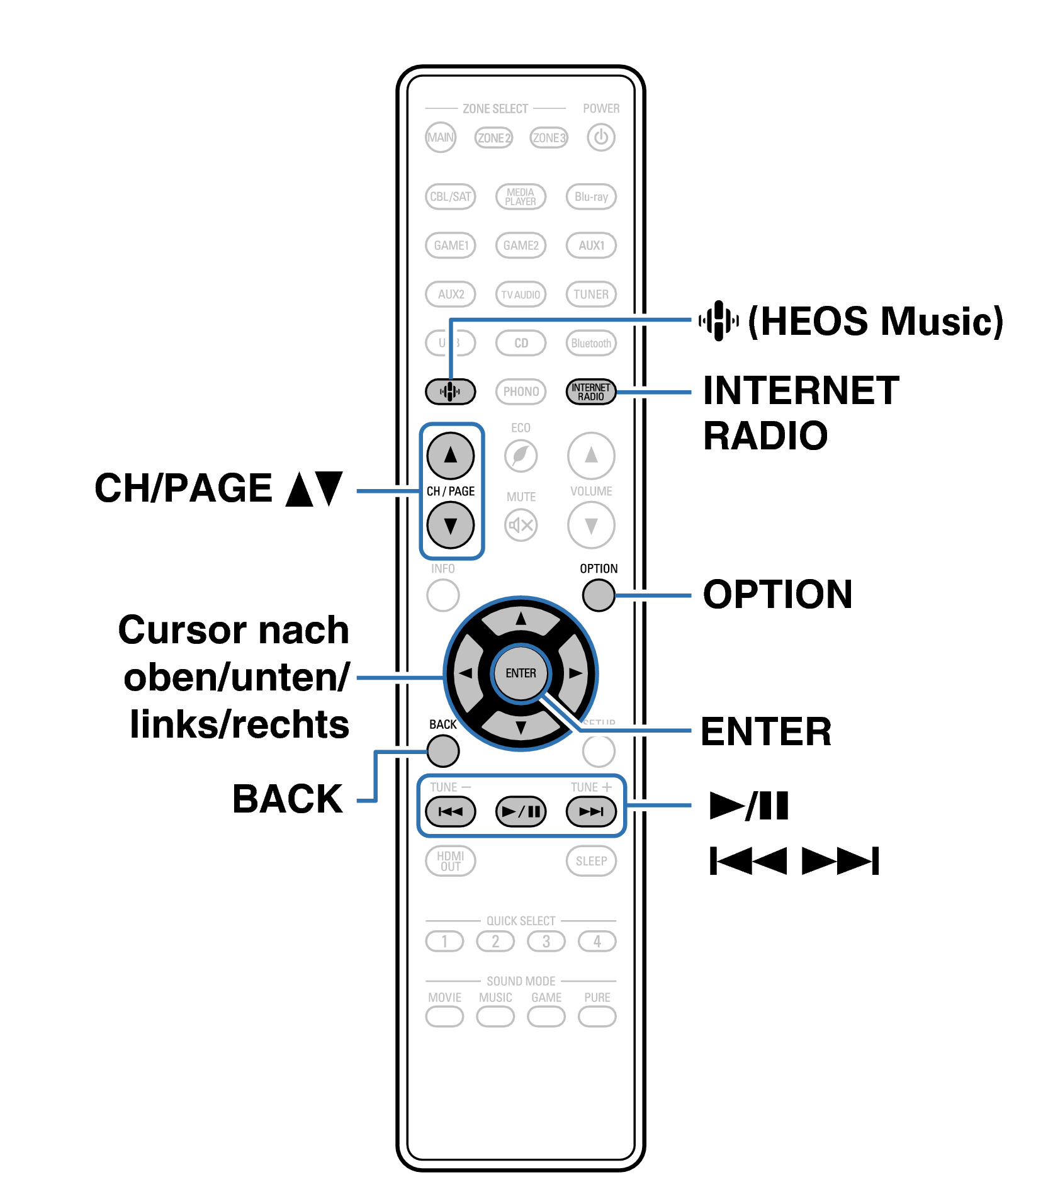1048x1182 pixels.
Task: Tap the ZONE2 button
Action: pyautogui.click(x=493, y=137)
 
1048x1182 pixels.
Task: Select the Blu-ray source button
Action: pyautogui.click(x=591, y=196)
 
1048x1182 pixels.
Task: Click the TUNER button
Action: pyautogui.click(x=591, y=294)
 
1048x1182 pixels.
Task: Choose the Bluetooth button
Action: pyautogui.click(x=591, y=343)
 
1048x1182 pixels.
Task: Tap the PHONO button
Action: pyautogui.click(x=521, y=391)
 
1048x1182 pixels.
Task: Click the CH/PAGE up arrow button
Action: pyautogui.click(x=451, y=455)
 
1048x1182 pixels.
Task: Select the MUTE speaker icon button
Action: pyautogui.click(x=521, y=525)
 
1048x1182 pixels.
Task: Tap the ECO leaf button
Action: pyautogui.click(x=521, y=455)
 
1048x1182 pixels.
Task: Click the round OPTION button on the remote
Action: pyautogui.click(x=598, y=595)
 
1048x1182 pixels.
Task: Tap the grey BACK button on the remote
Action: pyautogui.click(x=443, y=751)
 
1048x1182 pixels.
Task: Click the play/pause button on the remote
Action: pyautogui.click(x=521, y=811)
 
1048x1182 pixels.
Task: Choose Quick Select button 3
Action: pyautogui.click(x=546, y=942)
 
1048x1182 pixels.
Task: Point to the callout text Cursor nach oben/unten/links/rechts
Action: pyautogui.click(x=235, y=677)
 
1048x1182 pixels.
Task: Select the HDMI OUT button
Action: pyautogui.click(x=451, y=860)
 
